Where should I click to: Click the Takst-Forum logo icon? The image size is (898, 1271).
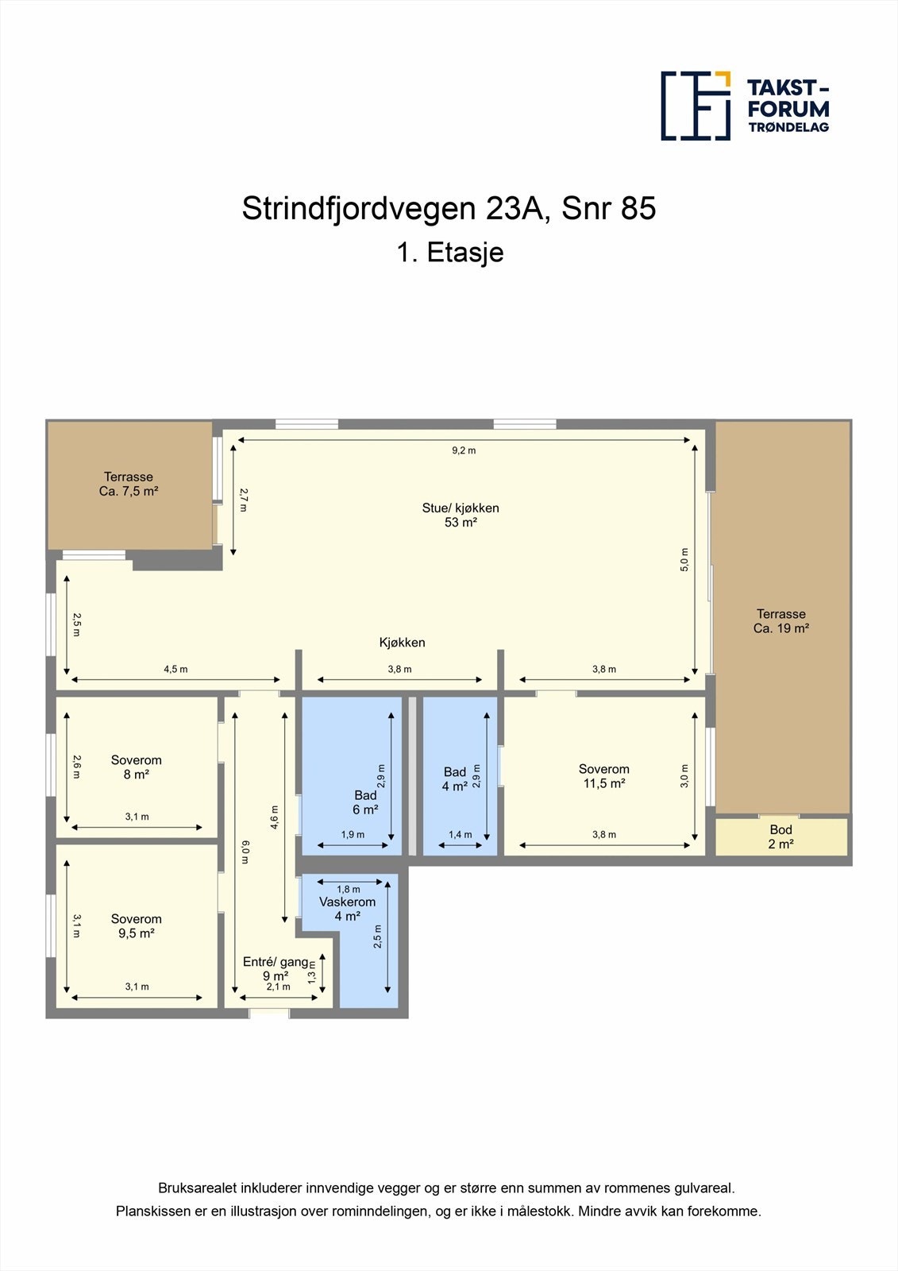tap(696, 106)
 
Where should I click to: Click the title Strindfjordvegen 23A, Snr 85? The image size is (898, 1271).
tap(449, 208)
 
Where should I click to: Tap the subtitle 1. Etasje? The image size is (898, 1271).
tap(449, 252)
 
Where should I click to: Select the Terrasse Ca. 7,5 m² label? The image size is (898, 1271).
tap(129, 484)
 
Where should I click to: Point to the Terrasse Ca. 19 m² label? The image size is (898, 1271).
tap(780, 620)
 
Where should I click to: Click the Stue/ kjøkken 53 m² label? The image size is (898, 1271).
tap(461, 515)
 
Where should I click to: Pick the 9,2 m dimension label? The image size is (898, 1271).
tap(464, 450)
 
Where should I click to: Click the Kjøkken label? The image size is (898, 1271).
tap(402, 643)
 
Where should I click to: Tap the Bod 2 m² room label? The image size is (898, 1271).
tap(780, 836)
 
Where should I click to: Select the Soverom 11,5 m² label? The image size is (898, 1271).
tap(603, 776)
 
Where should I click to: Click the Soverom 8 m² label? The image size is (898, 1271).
tap(136, 767)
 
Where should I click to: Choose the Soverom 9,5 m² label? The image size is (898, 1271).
tap(136, 925)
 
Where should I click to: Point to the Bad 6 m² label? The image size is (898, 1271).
tap(365, 802)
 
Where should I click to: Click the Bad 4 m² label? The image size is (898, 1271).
tap(454, 778)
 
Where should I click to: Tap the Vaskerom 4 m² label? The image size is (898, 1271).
tap(347, 909)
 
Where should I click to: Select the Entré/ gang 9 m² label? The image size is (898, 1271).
tap(276, 968)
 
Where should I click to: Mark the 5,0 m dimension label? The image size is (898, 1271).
tap(684, 559)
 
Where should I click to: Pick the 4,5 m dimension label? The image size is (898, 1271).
tap(175, 669)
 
